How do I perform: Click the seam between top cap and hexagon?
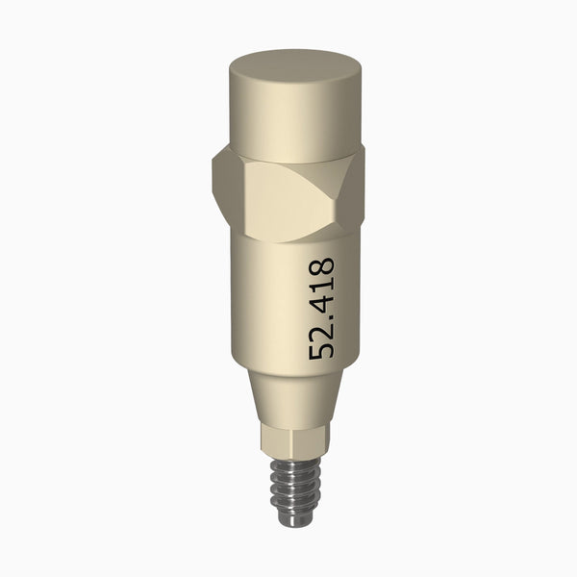[288, 158]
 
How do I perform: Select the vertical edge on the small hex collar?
[275, 442]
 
